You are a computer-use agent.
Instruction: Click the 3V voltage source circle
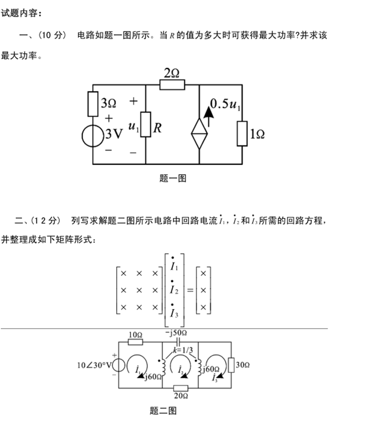click(93, 136)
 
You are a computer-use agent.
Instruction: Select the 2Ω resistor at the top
click(172, 84)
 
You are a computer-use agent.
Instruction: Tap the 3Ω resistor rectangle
click(93, 104)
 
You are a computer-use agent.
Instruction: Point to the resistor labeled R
click(146, 124)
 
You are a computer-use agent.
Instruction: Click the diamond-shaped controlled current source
click(200, 133)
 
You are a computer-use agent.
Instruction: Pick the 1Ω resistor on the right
click(242, 133)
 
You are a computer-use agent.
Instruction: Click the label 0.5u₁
click(225, 104)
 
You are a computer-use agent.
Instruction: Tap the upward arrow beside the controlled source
click(208, 117)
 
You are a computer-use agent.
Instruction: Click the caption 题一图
click(173, 178)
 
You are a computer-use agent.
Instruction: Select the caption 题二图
click(163, 410)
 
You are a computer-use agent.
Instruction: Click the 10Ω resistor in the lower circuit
click(135, 342)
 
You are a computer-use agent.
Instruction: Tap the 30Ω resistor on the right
click(231, 365)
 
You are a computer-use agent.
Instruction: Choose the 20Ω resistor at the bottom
click(181, 388)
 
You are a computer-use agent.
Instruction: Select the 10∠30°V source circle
click(118, 365)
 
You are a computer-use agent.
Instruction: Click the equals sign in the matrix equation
click(190, 290)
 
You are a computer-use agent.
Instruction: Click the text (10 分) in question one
click(52, 35)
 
